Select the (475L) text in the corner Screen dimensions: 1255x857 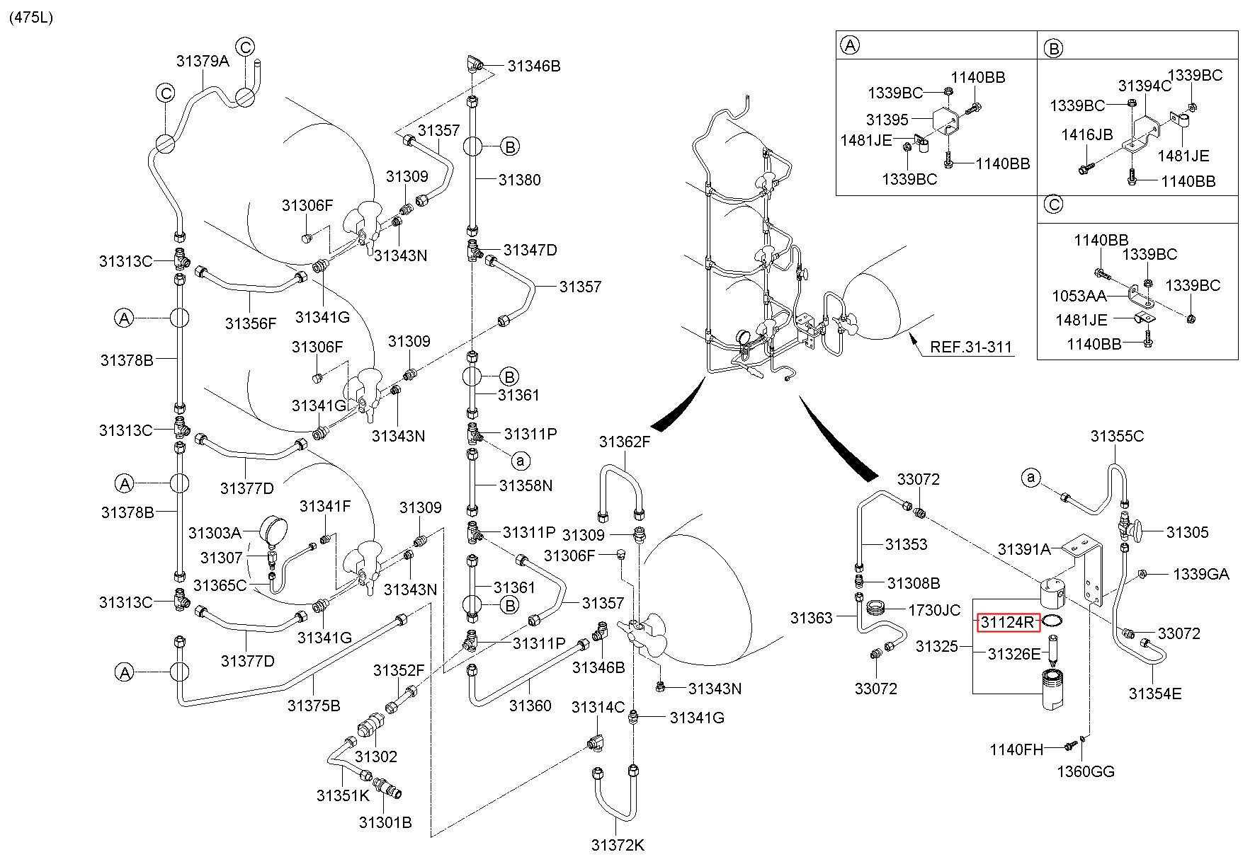[31, 18]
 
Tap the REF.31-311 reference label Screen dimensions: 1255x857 [971, 347]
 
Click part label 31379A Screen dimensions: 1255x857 [203, 61]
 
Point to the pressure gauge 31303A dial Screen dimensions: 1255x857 [273, 529]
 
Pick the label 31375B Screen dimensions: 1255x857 [314, 705]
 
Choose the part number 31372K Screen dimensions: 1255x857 [618, 844]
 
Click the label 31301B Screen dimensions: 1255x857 [385, 822]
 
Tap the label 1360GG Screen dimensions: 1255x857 [1086, 771]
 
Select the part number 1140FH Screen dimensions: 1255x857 [1017, 749]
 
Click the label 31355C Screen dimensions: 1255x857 [1117, 436]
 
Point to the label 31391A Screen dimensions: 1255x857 [1024, 549]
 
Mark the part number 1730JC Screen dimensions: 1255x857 [933, 610]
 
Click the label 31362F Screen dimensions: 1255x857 [624, 442]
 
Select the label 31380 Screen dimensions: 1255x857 [519, 180]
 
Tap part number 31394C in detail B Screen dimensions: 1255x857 [1145, 86]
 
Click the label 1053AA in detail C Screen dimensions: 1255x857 [1079, 295]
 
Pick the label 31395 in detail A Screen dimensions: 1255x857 [887, 119]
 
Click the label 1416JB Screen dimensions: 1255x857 [1086, 134]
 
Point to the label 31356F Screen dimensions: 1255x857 [251, 323]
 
